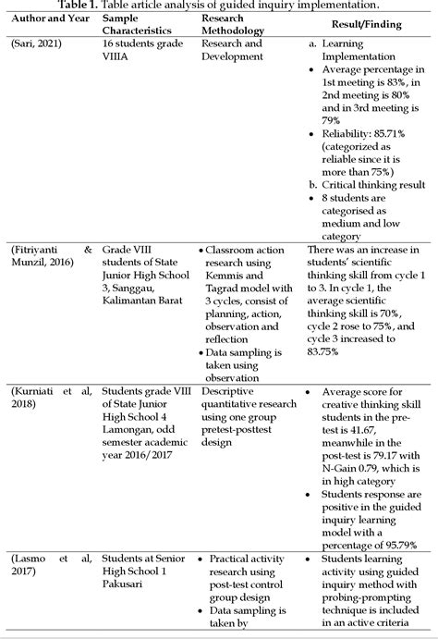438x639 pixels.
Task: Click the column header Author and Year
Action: point(48,18)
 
